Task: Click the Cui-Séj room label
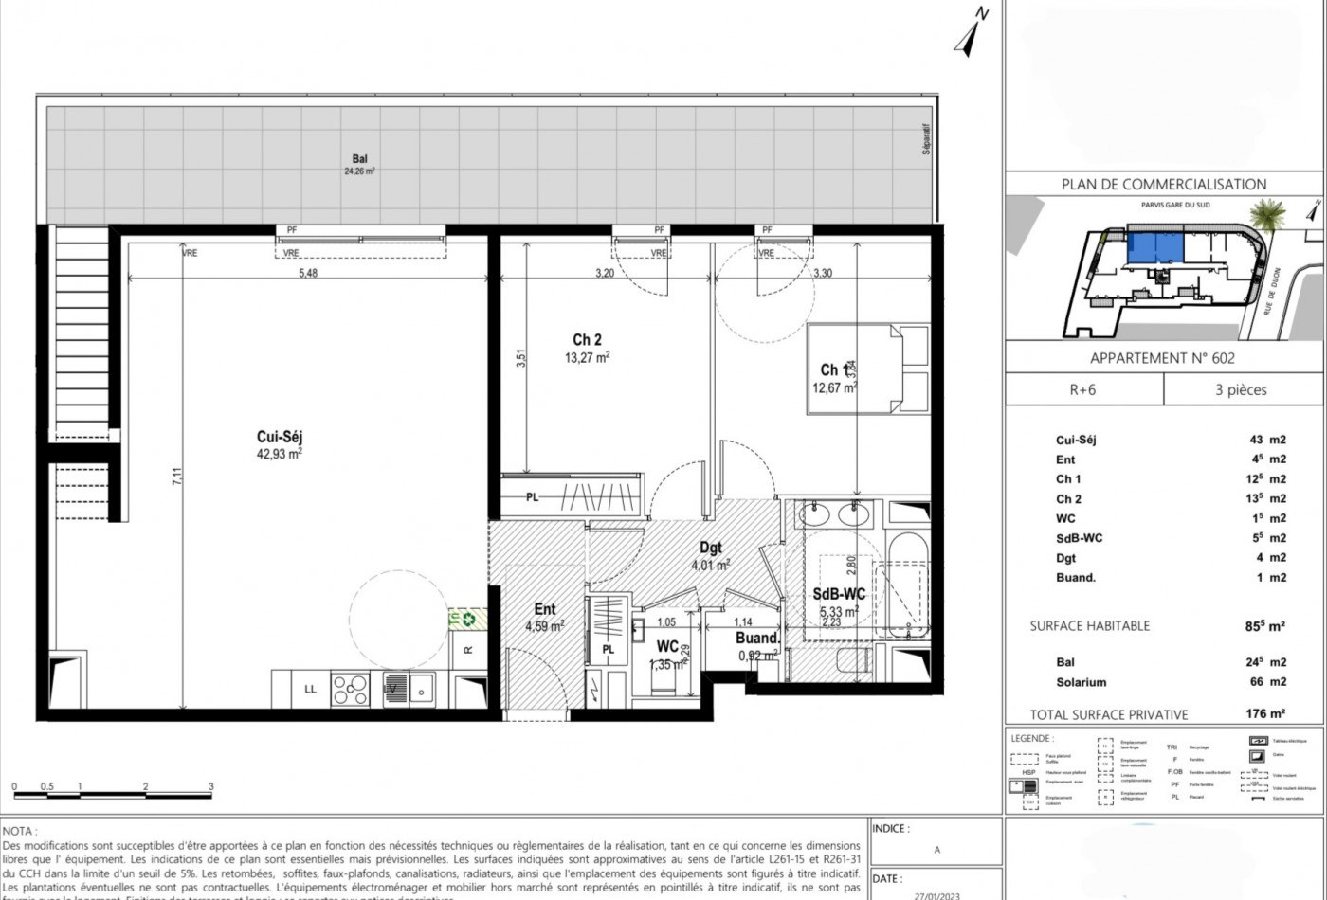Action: click(279, 437)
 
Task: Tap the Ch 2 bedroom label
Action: click(587, 340)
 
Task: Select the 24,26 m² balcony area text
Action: click(358, 172)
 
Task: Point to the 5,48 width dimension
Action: click(308, 274)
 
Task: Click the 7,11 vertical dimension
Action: click(176, 477)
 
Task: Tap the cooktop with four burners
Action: click(351, 689)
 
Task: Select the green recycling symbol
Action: click(467, 619)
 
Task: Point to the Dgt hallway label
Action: click(711, 548)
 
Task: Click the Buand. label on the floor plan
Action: click(758, 638)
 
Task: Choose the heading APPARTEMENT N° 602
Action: click(1162, 358)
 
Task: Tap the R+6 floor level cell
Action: click(1082, 389)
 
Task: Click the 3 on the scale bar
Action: click(210, 786)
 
